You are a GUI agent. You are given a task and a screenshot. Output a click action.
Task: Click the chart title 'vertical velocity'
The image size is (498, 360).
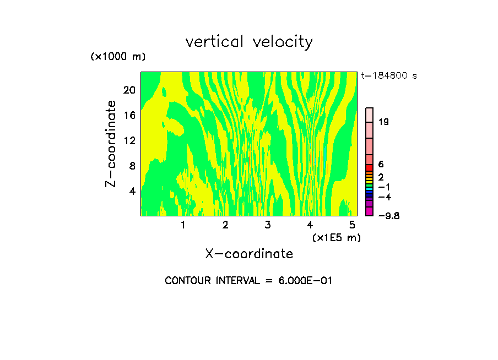pyautogui.click(x=249, y=42)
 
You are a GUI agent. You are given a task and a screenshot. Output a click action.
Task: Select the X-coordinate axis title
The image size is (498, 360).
pyautogui.click(x=249, y=254)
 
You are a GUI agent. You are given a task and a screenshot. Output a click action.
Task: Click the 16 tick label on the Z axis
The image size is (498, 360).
pyautogui.click(x=129, y=115)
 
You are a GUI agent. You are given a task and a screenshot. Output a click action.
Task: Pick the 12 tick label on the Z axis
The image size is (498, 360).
pyautogui.click(x=129, y=140)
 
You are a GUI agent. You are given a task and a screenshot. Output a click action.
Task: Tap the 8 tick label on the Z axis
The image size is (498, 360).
pyautogui.click(x=132, y=166)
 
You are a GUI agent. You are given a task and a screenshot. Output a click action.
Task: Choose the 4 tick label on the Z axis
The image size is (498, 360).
pyautogui.click(x=132, y=191)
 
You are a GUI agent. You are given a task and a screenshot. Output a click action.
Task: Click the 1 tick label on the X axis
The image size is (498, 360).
pyautogui.click(x=183, y=225)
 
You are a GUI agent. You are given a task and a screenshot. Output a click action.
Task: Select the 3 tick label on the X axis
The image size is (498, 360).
pyautogui.click(x=267, y=225)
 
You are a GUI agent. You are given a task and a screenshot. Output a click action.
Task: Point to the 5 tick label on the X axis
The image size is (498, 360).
pyautogui.click(x=351, y=225)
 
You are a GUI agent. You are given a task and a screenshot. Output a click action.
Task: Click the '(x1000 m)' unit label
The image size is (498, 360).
pyautogui.click(x=118, y=57)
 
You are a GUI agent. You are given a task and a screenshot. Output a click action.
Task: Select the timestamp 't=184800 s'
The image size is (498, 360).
pyautogui.click(x=389, y=76)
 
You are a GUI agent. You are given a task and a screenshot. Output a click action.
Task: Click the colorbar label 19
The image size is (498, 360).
pyautogui.click(x=384, y=122)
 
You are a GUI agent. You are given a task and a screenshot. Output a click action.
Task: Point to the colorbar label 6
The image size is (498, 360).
pyautogui.click(x=381, y=165)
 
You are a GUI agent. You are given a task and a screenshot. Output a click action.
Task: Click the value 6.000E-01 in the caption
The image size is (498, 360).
pyautogui.click(x=305, y=281)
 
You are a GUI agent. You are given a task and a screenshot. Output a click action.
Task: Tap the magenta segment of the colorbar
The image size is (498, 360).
pyautogui.click(x=370, y=211)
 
